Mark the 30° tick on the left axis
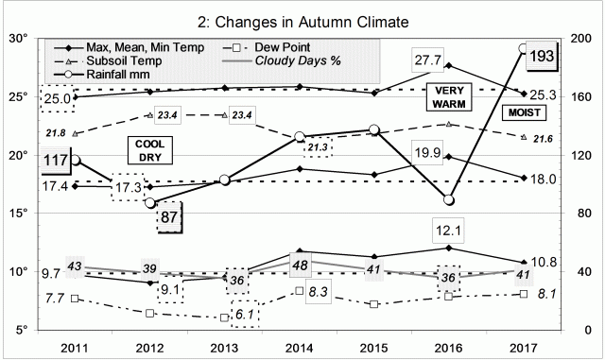(x=18, y=39)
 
